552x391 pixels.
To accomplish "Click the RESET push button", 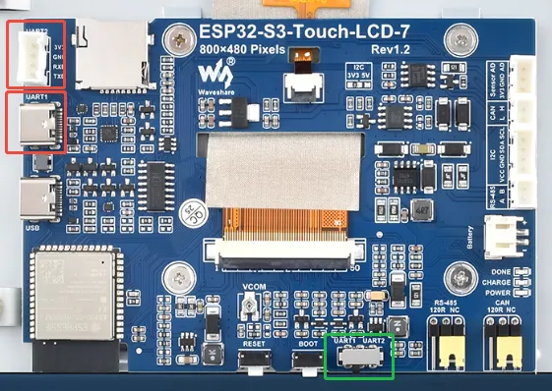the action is point(255,363).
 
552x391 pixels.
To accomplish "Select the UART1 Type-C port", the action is point(35,122).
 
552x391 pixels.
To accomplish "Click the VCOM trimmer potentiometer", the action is point(251,309).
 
